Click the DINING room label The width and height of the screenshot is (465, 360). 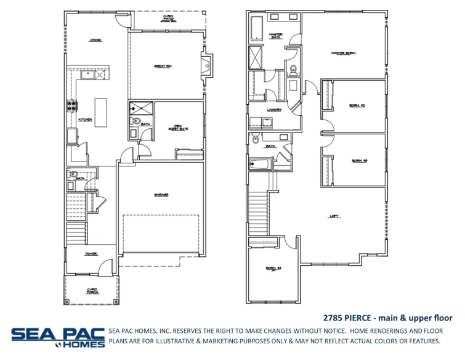[x=95, y=40]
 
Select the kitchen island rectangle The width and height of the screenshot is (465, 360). [x=100, y=112]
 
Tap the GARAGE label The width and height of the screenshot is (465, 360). [x=161, y=195]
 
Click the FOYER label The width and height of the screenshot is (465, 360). [x=91, y=253]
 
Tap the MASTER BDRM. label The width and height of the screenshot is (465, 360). [x=344, y=54]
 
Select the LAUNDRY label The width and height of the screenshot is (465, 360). [x=274, y=110]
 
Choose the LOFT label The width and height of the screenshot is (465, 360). [x=335, y=216]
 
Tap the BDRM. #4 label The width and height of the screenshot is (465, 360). [x=273, y=268]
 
